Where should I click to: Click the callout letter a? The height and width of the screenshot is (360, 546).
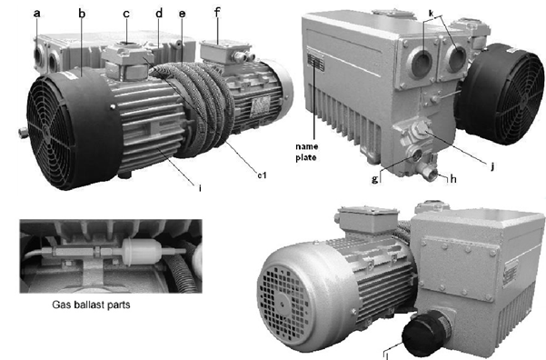click(x=37, y=14)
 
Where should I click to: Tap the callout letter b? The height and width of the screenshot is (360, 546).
click(x=82, y=14)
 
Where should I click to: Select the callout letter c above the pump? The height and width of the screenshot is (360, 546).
click(x=126, y=14)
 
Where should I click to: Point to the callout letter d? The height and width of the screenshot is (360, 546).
click(x=159, y=13)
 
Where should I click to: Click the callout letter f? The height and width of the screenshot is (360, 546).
click(x=217, y=12)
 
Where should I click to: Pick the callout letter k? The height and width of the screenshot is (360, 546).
click(x=432, y=13)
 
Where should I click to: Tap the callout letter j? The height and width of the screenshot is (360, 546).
click(x=492, y=165)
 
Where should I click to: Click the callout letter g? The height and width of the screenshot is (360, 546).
click(x=374, y=179)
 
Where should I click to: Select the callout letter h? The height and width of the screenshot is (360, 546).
click(x=453, y=178)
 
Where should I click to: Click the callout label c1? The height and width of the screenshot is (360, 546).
click(x=262, y=175)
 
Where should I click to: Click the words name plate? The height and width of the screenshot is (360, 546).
click(x=306, y=152)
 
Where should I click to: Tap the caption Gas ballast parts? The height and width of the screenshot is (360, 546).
click(x=91, y=305)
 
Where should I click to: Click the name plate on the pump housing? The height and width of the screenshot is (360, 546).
click(x=315, y=63)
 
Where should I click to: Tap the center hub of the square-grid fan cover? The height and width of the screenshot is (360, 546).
click(x=282, y=305)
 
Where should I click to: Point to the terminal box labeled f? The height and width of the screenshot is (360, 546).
click(x=225, y=51)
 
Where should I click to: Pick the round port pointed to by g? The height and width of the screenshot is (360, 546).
click(x=415, y=154)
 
